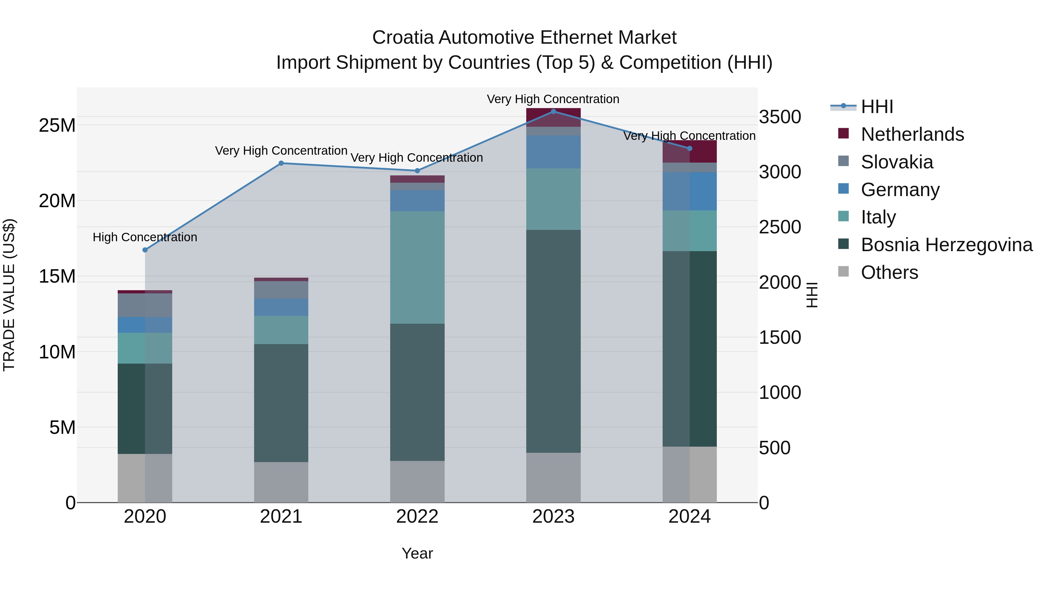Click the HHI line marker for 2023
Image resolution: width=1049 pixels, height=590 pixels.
pyautogui.click(x=553, y=111)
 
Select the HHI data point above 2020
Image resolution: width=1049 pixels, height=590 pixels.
pyautogui.click(x=145, y=250)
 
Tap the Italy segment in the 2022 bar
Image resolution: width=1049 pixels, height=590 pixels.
pyautogui.click(x=417, y=267)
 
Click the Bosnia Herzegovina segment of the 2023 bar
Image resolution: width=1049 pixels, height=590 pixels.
pyautogui.click(x=553, y=341)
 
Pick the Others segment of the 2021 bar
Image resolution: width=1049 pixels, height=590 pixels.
pyautogui.click(x=281, y=482)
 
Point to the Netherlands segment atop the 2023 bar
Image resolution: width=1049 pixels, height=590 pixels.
pyautogui.click(x=553, y=117)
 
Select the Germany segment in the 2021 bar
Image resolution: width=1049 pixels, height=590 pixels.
pyautogui.click(x=281, y=307)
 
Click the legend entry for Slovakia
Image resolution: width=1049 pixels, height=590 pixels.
pyautogui.click(x=896, y=162)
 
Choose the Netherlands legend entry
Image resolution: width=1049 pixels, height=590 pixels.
pyautogui.click(x=912, y=134)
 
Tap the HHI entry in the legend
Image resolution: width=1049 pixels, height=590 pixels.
pyautogui.click(x=877, y=107)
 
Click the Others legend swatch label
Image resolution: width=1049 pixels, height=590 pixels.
pyautogui.click(x=889, y=272)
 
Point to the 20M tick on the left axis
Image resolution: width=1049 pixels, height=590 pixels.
pyautogui.click(x=57, y=201)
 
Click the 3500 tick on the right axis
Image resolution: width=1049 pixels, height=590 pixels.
pyautogui.click(x=780, y=117)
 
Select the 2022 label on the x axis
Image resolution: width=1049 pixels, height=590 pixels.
pyautogui.click(x=417, y=517)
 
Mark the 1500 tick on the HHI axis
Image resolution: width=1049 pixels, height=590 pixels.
pyautogui.click(x=780, y=338)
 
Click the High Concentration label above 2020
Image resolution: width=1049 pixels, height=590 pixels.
pyautogui.click(x=145, y=237)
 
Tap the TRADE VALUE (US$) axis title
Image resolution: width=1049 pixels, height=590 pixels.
pyautogui.click(x=9, y=295)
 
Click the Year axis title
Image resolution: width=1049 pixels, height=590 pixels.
pyautogui.click(x=417, y=553)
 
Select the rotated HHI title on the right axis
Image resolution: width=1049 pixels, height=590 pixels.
pyautogui.click(x=812, y=295)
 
